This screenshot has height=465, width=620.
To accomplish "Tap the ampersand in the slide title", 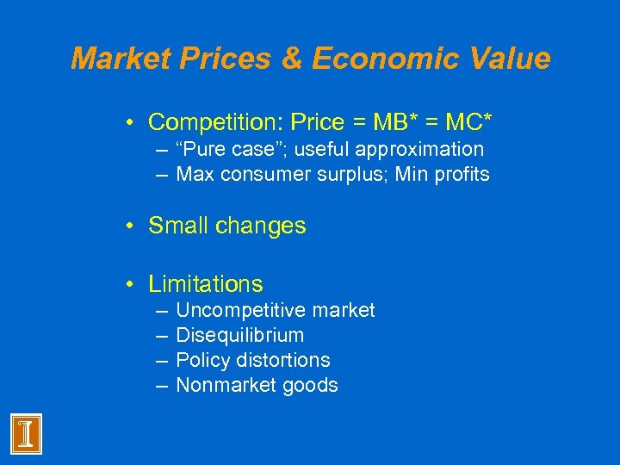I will coord(290,59).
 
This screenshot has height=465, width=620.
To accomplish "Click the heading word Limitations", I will coord(206,284).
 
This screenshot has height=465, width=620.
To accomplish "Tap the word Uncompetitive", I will coord(236,310).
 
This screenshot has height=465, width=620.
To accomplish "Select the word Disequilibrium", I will coord(239,335).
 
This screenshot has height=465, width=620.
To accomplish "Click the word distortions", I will coord(284,360).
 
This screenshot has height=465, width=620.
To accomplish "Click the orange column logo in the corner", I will coord(26,432).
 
